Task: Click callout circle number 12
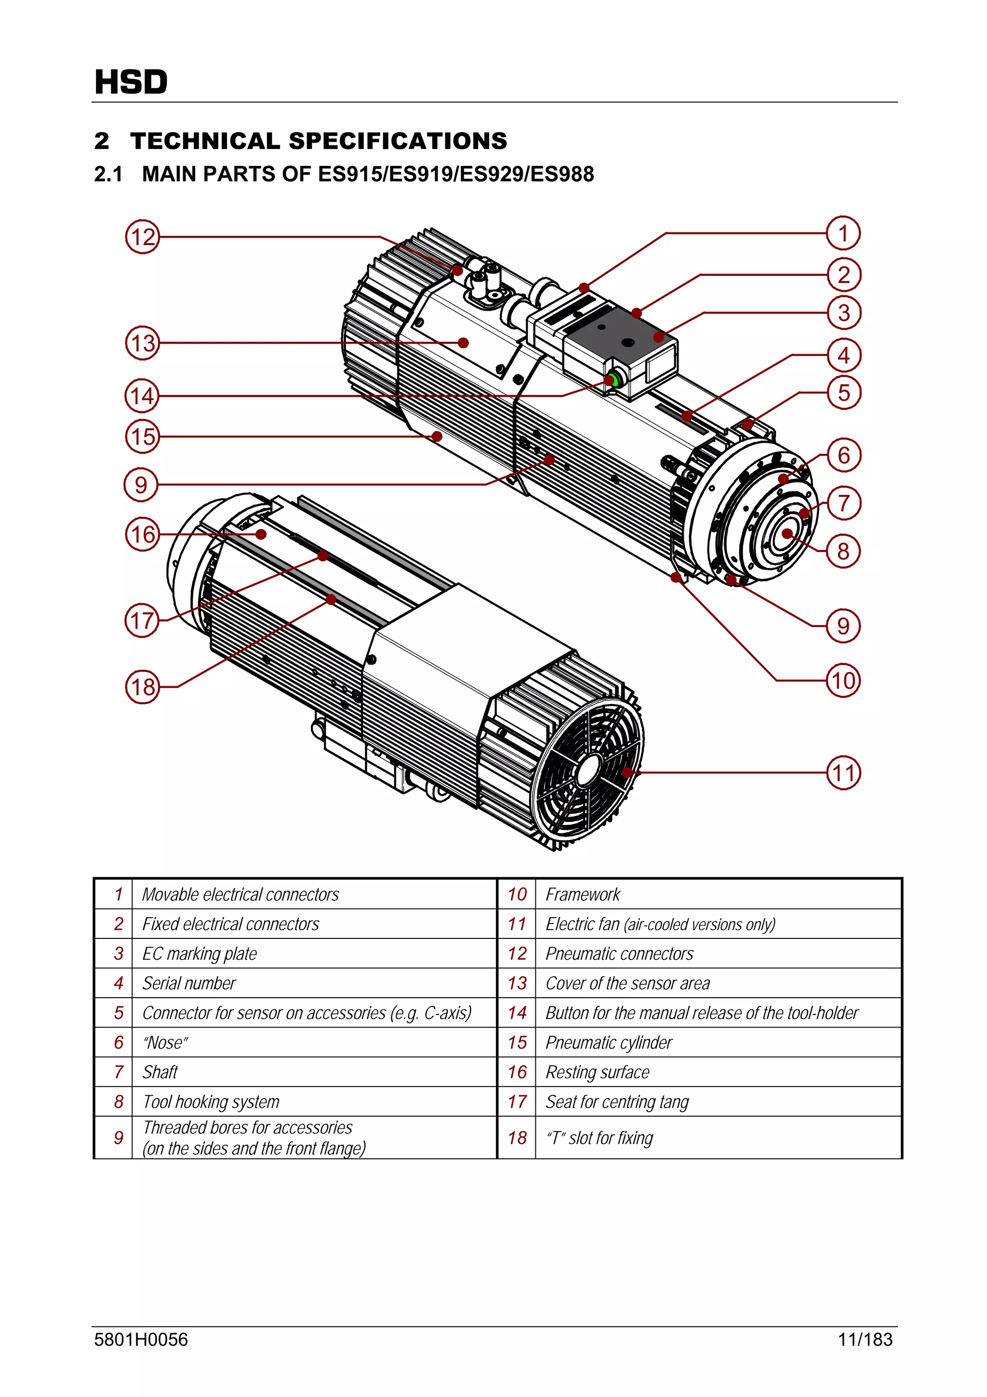142,237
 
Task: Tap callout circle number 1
843,233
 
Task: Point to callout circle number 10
843,680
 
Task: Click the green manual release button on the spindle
614,381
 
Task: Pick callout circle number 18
142,687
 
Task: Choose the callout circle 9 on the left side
141,485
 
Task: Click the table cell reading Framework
583,895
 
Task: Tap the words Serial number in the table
189,983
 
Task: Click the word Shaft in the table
160,1072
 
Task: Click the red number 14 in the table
517,1013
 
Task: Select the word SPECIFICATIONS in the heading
398,141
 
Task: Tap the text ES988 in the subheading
562,174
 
